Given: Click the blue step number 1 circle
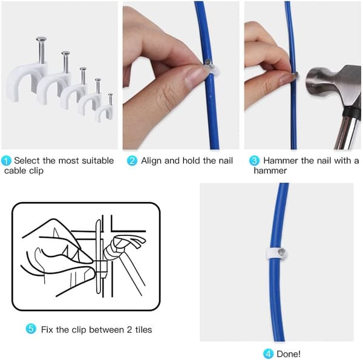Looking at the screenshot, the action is [x=6, y=161].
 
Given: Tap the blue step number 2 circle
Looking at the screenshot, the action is [x=132, y=161].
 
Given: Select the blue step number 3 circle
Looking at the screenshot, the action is [x=254, y=161].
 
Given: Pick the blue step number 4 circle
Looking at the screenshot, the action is [x=268, y=354].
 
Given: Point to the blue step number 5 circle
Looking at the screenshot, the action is [x=31, y=329].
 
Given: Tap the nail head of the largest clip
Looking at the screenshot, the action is [x=41, y=39].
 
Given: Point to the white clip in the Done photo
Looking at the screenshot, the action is [x=275, y=254].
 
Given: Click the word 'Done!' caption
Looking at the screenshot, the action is [x=289, y=354].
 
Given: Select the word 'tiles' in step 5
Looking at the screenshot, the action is [x=143, y=329].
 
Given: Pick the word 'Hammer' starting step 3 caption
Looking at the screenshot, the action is [x=281, y=160].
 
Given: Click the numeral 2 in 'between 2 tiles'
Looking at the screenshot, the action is [x=129, y=329].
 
